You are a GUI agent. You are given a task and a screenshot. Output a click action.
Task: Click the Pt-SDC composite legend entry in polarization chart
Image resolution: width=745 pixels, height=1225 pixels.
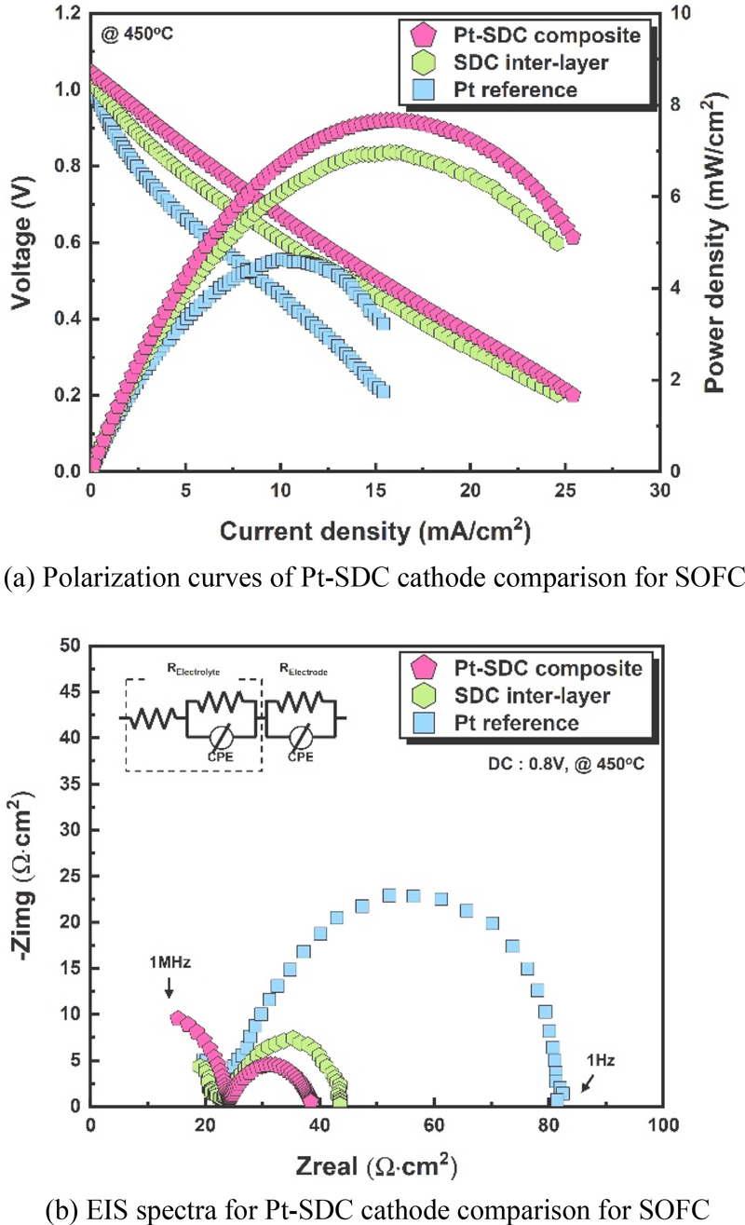click(x=535, y=36)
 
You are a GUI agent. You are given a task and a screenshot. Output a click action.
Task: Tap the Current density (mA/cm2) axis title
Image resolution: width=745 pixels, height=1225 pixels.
click(x=375, y=531)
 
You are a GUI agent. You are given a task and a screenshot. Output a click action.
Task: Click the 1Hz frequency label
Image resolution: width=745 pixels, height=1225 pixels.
click(x=601, y=1060)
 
